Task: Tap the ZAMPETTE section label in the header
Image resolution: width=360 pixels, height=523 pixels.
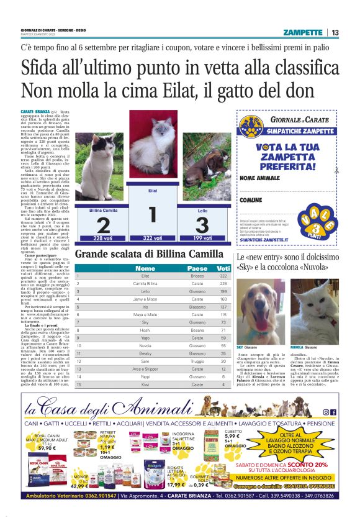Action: (x=302, y=32)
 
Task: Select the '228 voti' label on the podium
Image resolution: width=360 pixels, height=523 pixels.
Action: (x=102, y=239)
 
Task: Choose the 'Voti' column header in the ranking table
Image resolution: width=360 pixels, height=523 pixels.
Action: (x=223, y=268)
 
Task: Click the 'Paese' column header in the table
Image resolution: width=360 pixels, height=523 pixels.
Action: (x=197, y=268)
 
